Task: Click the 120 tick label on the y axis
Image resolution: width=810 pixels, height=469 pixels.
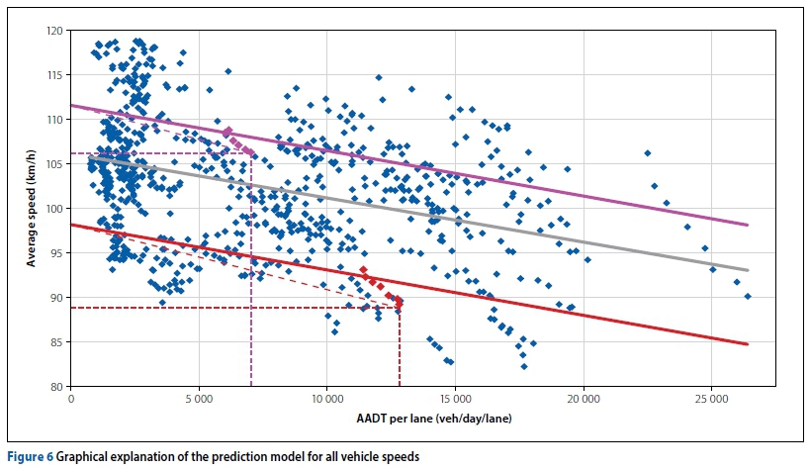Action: point(57,31)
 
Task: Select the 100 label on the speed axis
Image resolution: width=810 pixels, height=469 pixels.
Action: point(57,209)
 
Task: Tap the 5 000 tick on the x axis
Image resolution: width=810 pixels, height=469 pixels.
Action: point(199,400)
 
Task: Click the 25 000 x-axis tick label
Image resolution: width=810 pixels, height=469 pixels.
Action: point(710,400)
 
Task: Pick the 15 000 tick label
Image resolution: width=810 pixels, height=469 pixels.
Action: point(454,400)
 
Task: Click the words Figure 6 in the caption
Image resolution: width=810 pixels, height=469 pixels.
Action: point(29,457)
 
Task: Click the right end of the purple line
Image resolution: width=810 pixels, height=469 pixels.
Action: point(748,225)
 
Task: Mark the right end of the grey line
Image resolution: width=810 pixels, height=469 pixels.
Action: point(748,270)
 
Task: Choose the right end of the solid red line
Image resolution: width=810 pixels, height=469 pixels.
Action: point(748,344)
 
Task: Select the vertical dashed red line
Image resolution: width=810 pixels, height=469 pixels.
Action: point(400,346)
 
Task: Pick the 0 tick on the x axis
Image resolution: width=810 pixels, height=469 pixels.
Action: point(71,400)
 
